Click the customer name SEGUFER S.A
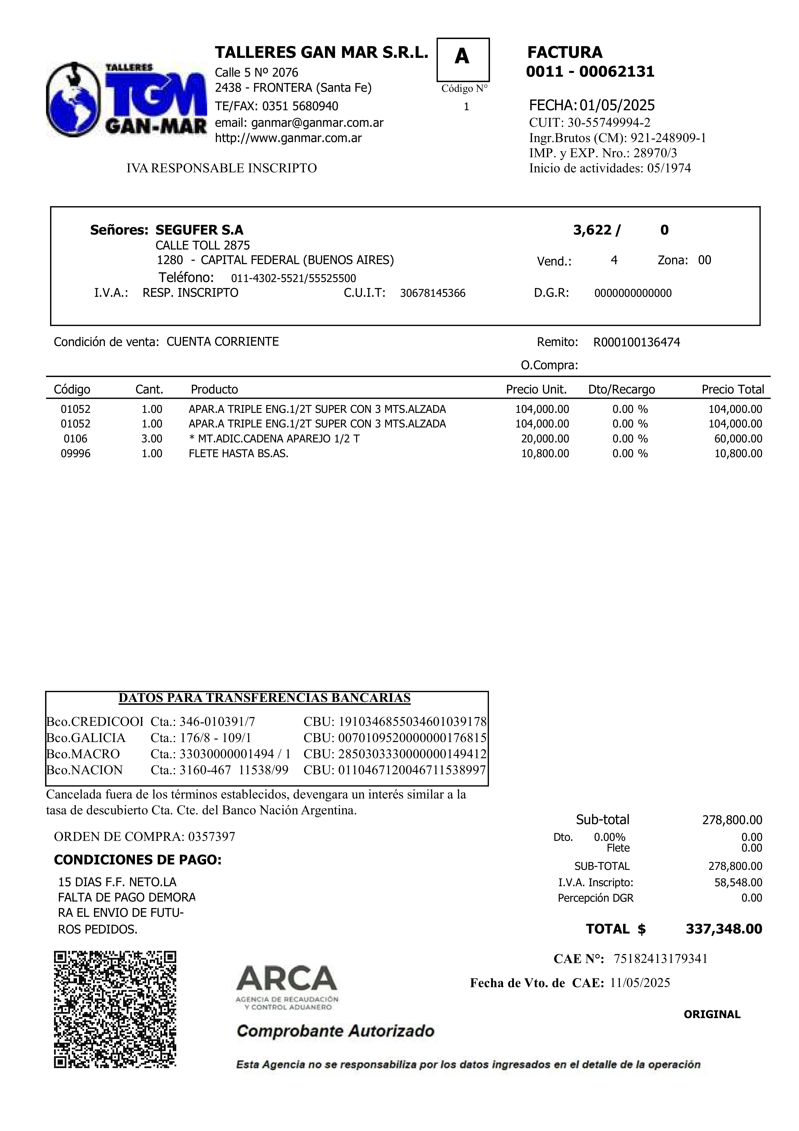tap(199, 230)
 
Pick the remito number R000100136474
tap(636, 342)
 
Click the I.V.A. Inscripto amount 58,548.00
tap(738, 882)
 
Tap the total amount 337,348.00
tap(724, 929)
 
